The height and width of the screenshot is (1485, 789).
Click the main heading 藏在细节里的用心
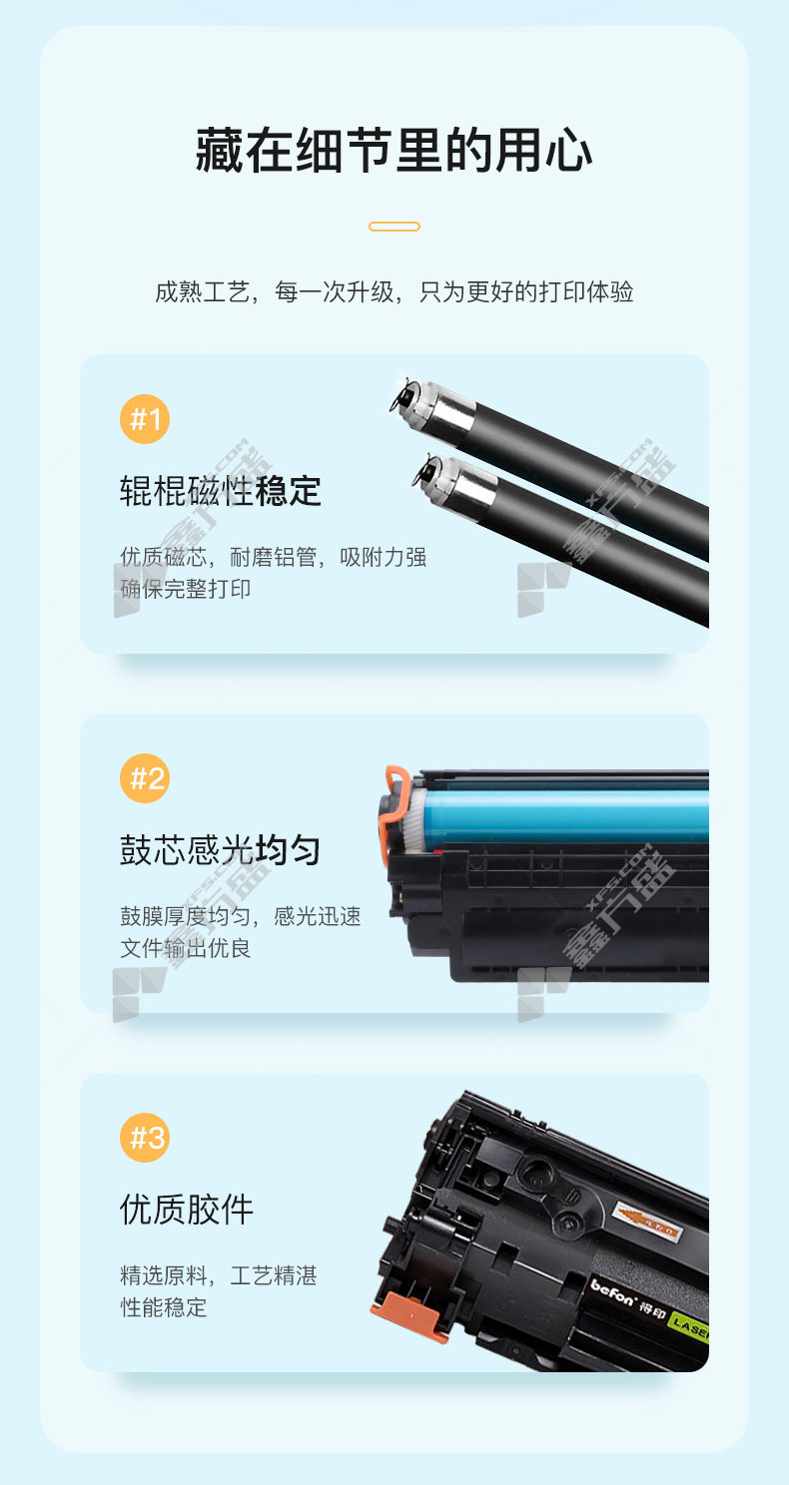point(394,151)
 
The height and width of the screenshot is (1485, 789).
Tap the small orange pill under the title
point(394,227)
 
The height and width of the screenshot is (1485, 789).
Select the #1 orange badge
point(145,419)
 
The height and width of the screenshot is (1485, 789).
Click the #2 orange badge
point(145,778)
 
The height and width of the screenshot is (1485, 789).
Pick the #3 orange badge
point(145,1138)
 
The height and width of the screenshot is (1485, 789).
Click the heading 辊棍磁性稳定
point(221,491)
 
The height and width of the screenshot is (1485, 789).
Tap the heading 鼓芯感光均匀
point(221,850)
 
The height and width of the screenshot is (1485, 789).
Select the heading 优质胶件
point(187,1210)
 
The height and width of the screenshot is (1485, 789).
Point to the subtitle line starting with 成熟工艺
point(394,291)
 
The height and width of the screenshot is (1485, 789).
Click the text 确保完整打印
point(185,589)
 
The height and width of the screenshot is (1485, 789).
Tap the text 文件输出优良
point(185,948)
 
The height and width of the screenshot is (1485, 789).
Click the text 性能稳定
point(163,1307)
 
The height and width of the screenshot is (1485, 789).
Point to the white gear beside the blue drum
point(418,819)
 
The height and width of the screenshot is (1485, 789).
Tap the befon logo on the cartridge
point(612,1292)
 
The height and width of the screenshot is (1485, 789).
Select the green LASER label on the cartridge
point(689,1326)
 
